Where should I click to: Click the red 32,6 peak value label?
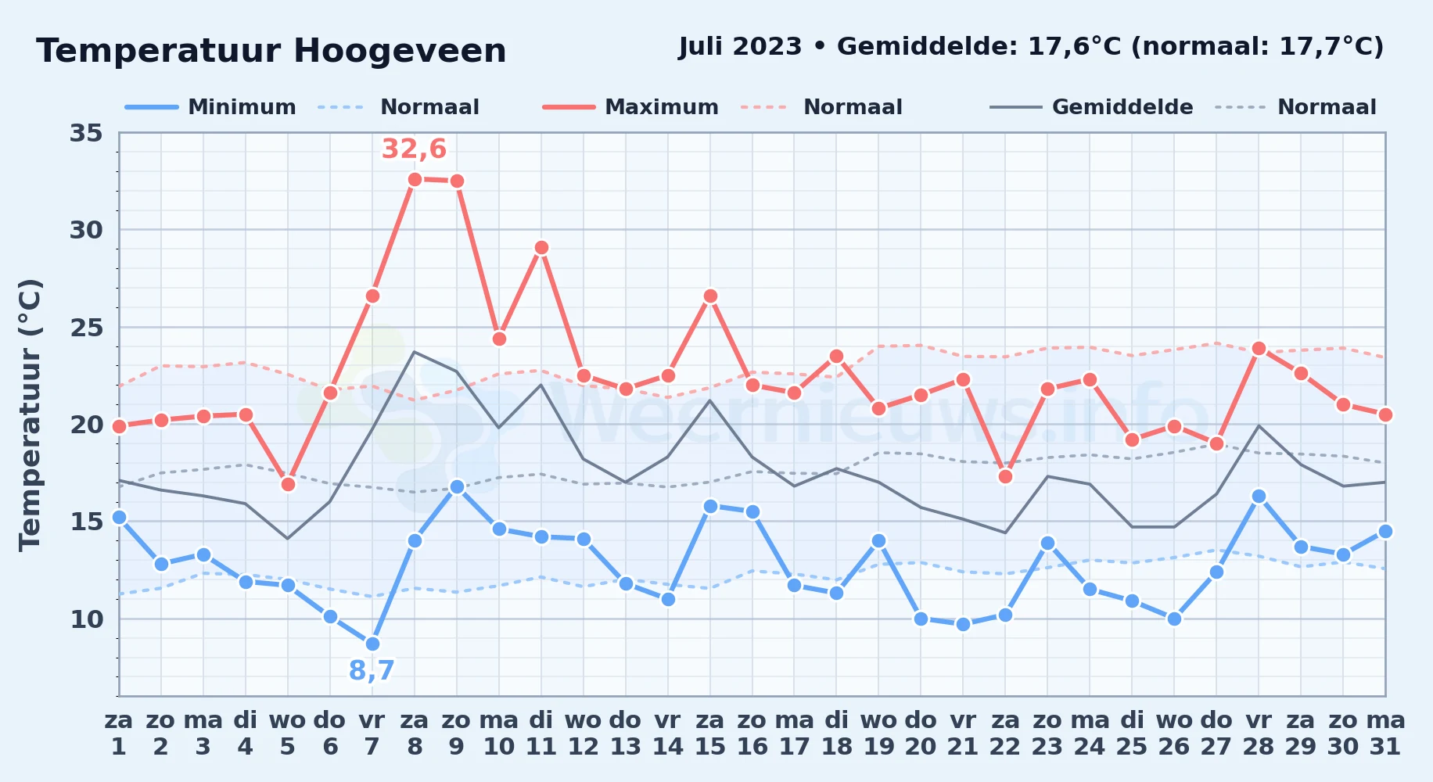coord(414,149)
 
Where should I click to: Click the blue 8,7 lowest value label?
coord(372,670)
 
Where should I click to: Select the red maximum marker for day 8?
coord(415,179)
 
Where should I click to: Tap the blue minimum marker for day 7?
coord(372,644)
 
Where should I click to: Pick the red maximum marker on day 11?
coord(541,248)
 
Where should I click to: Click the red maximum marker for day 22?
coord(1005,476)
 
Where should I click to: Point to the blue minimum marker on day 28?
coord(1259,496)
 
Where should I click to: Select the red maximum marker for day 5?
coord(288,484)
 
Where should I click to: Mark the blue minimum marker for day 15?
coord(710,506)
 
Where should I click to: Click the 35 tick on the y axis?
coord(86,133)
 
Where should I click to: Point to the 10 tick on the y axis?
coord(86,619)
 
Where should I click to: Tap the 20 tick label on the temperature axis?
coord(86,425)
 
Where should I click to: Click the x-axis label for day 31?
coord(1385,733)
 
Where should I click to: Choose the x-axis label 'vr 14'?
coord(668,733)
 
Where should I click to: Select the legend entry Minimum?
coord(210,107)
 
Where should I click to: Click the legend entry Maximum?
coord(630,107)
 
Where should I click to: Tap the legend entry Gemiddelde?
coord(1092,107)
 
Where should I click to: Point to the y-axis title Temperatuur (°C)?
coord(30,414)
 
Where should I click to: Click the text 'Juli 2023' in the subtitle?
coord(740,47)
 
